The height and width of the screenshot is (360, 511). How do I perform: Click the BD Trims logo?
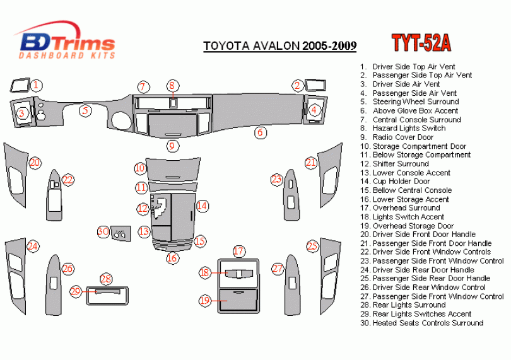click(64, 40)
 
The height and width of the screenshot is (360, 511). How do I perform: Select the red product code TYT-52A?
click(421, 43)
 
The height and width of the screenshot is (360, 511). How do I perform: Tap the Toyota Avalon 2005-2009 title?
click(280, 45)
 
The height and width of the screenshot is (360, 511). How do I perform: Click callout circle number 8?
click(172, 86)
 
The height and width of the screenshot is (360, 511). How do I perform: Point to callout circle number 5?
click(85, 110)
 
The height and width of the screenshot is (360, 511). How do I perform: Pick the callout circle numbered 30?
click(103, 231)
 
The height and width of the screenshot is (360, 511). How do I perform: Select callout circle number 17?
click(238, 251)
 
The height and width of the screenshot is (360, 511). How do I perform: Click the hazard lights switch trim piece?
click(173, 103)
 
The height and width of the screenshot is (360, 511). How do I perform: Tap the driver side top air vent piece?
click(20, 86)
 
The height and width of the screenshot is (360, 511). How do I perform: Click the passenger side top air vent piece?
click(315, 85)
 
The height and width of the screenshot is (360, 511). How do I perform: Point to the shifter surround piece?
click(161, 209)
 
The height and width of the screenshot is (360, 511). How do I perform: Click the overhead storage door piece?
click(238, 299)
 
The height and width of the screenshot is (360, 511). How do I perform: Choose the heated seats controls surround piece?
click(120, 234)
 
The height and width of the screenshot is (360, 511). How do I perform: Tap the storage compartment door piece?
click(173, 169)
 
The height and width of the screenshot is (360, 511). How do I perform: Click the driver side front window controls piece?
click(54, 195)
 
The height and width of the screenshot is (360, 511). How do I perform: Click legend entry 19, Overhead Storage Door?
click(407, 226)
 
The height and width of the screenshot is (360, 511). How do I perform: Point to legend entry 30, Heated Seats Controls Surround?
click(421, 323)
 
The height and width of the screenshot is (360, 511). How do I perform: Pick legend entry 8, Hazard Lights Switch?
click(402, 129)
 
